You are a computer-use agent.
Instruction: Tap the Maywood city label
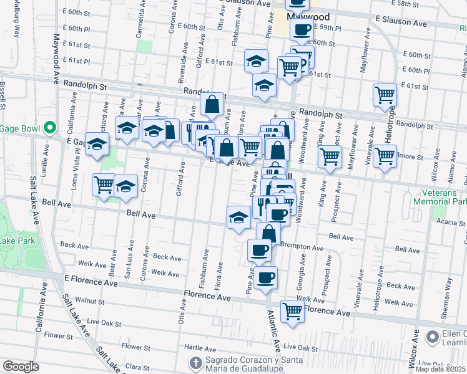coord(303,17)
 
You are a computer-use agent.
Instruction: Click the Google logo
coord(21,367)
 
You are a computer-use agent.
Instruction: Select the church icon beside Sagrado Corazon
coord(195,362)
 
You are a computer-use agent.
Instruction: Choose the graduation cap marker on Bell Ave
coord(238,218)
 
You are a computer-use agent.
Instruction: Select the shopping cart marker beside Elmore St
coord(385,155)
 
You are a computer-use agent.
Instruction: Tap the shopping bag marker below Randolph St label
coord(212,105)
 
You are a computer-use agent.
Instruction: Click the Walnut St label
coord(90,301)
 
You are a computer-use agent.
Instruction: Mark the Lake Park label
coord(16,241)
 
